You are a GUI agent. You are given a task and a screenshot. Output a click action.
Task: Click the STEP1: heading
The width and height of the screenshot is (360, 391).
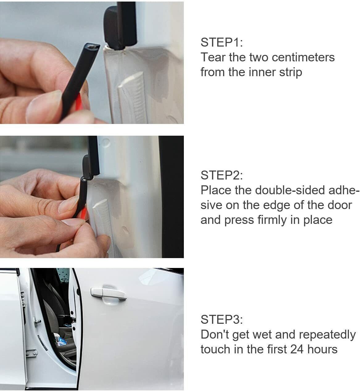pos(222,42)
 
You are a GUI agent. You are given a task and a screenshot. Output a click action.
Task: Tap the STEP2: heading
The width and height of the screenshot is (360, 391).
pos(222,175)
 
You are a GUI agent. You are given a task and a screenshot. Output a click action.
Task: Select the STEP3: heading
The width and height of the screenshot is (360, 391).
pos(222,319)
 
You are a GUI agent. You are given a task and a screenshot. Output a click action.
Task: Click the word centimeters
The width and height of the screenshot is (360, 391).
pos(303,57)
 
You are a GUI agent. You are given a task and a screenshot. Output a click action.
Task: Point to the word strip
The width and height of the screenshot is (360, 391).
pos(291,72)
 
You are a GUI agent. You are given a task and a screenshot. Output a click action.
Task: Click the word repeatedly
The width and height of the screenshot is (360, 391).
pos(327,335)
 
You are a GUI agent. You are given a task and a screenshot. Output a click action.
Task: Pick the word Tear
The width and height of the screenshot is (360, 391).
pos(213,57)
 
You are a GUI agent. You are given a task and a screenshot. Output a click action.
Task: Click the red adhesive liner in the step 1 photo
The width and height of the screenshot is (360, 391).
pos(79,103)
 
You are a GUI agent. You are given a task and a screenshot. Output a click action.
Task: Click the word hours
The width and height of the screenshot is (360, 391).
pos(322,349)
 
